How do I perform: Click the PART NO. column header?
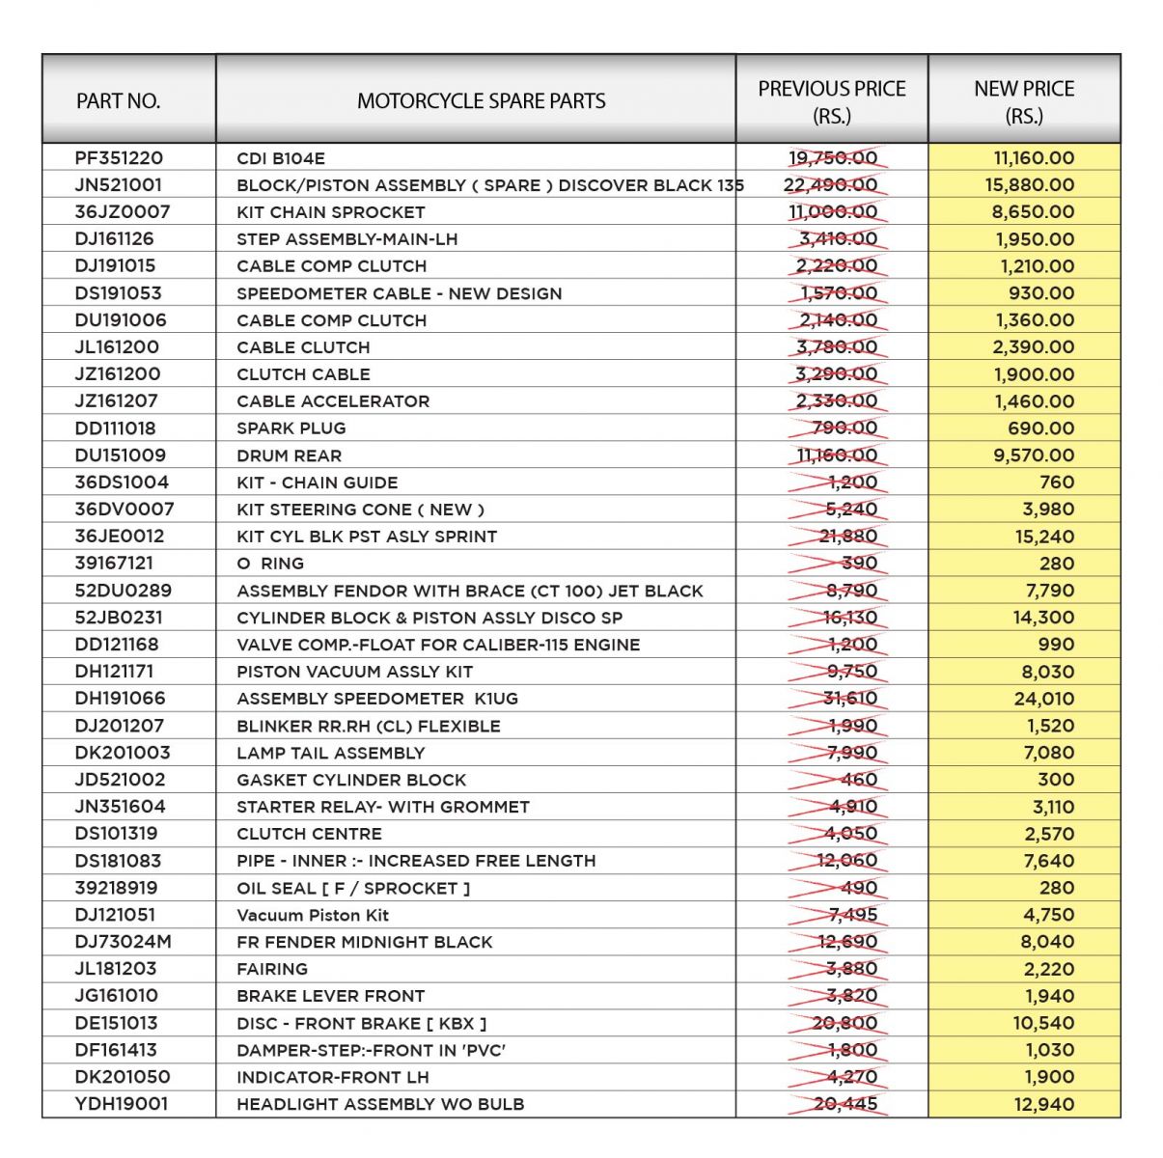tap(118, 101)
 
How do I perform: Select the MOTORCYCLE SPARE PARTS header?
tap(481, 101)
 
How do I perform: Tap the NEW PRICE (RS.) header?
tap(1024, 101)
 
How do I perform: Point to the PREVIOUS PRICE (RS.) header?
tap(831, 101)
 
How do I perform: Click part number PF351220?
tap(119, 158)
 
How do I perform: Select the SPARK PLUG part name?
tap(291, 428)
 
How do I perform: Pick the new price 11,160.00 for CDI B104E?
tap(1034, 158)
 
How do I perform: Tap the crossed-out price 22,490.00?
tap(831, 185)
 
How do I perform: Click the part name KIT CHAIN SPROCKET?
tap(330, 212)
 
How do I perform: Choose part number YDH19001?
tap(121, 1104)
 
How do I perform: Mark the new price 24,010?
tap(1043, 699)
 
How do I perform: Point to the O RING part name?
tap(270, 564)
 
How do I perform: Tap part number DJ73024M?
tap(123, 942)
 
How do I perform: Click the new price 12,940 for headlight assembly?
tap(1043, 1104)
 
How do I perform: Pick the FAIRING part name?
tap(272, 969)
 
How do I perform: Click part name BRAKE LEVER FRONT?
tap(330, 996)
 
